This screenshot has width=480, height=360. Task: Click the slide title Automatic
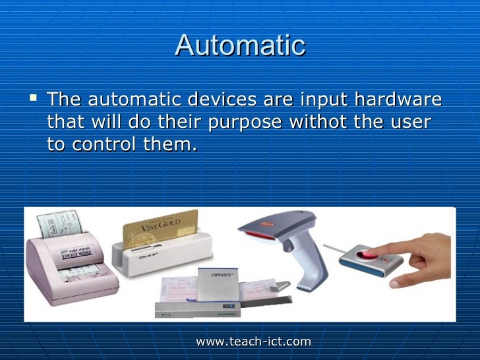pyautogui.click(x=240, y=45)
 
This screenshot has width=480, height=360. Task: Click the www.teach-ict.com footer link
pyautogui.click(x=253, y=341)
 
